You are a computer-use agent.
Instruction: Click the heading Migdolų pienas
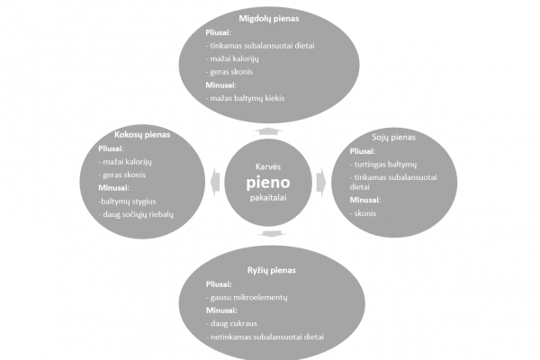269,19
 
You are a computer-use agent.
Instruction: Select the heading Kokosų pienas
142,135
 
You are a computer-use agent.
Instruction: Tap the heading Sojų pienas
393,138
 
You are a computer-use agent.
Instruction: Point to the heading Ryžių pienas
272,270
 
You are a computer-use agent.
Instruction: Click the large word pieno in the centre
268,183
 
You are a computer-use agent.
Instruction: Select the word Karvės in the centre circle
268,166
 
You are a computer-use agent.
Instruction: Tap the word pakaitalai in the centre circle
268,198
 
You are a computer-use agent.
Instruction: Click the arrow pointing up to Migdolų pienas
268,130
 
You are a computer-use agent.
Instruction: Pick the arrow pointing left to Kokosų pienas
215,182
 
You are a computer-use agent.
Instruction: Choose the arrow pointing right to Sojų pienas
321,182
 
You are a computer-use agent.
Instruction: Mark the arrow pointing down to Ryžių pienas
272,234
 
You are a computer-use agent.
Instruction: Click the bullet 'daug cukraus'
231,324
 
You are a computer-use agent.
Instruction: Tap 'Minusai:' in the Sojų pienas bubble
365,200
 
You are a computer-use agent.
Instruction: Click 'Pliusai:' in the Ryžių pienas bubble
219,284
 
